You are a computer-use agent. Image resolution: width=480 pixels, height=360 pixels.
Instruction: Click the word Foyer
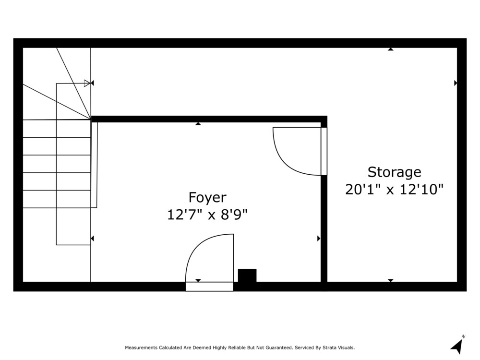coord(207,198)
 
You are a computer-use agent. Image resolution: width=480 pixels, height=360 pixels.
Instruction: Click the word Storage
coord(394,172)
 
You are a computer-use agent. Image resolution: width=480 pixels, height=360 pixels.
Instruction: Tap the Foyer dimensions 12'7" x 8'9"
coord(207,215)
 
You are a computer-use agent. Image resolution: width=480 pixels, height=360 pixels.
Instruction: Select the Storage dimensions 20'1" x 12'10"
coord(394,190)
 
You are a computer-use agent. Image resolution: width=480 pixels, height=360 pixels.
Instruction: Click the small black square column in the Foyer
coord(247,276)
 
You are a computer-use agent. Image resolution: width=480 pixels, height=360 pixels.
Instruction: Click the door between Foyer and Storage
coord(300,151)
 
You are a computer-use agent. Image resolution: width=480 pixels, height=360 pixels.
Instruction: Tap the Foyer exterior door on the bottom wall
coord(209,263)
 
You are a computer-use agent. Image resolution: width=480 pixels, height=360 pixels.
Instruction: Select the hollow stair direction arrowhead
coord(87,83)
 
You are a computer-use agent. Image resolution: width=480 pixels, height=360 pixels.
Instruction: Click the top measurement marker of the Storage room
coord(391,49)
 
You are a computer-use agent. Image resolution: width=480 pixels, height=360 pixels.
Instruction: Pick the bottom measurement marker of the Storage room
coord(391,280)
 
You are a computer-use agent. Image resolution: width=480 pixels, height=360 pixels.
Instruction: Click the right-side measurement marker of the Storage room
coord(456,83)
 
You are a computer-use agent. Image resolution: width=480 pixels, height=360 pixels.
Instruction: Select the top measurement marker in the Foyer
coord(198,124)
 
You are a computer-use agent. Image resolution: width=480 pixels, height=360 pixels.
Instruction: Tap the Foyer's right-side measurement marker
coord(319,238)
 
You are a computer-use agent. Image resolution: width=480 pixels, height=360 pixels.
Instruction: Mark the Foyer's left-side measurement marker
coord(92,238)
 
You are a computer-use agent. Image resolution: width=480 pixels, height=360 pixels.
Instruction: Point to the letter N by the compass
coord(464,336)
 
